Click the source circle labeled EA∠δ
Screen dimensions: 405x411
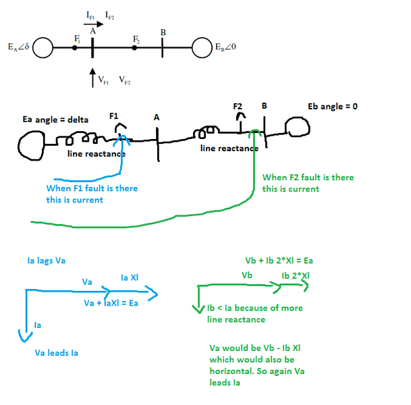pyautogui.click(x=43, y=48)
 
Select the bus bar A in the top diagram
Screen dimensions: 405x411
pyautogui.click(x=92, y=48)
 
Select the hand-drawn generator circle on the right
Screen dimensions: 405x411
pyautogui.click(x=296, y=128)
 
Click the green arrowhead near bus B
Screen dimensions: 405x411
pyautogui.click(x=254, y=132)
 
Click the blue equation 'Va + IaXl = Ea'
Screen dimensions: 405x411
pyautogui.click(x=111, y=303)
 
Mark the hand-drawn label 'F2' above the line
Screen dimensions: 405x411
pyautogui.click(x=238, y=106)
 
